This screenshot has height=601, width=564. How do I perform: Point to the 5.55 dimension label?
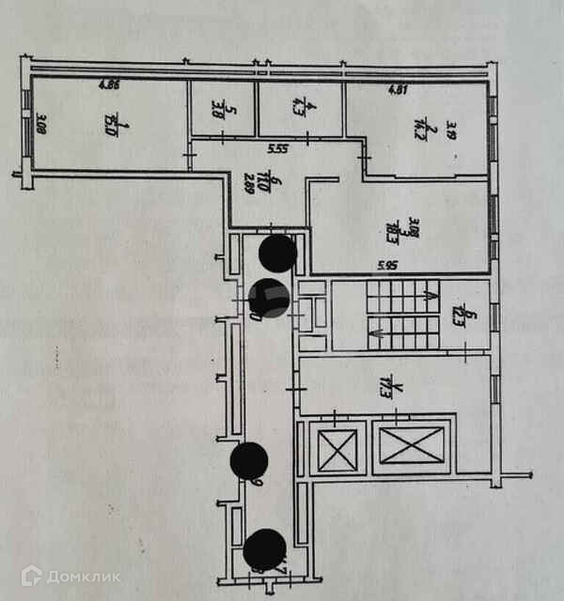pos(277,148)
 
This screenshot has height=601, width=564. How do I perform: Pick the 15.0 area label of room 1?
pos(111,123)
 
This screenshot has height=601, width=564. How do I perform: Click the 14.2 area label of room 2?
pos(423,128)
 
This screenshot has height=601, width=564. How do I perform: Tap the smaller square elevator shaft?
pos(338,449)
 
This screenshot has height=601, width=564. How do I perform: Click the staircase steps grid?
pos(402,316)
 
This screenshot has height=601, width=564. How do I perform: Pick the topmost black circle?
pos(277,252)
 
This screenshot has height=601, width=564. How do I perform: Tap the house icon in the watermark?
pos(32,576)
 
